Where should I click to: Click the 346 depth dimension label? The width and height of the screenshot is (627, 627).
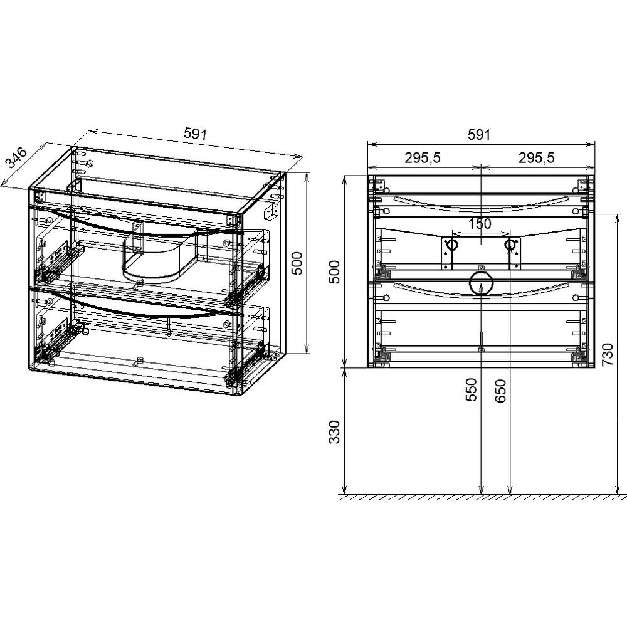(16, 158)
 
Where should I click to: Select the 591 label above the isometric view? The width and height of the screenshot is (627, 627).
(195, 134)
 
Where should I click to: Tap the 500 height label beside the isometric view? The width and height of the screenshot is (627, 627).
(297, 263)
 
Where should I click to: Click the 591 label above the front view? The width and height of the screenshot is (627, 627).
(479, 135)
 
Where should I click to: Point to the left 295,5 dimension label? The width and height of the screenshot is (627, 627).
(422, 158)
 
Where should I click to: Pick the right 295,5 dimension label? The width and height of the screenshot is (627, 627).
(537, 158)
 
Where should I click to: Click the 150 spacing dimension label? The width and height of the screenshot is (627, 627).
(480, 224)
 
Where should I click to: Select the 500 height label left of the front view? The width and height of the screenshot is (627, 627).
(334, 272)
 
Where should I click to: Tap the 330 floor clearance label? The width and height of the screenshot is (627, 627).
(334, 432)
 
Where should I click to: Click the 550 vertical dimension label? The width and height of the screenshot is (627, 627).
(472, 390)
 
